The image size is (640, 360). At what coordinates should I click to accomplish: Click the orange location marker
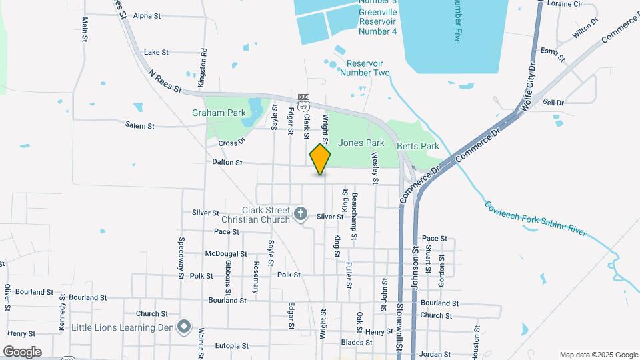[321, 159]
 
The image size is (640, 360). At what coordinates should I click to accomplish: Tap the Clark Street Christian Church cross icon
[301, 215]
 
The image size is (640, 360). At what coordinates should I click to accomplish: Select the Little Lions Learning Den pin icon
[184, 327]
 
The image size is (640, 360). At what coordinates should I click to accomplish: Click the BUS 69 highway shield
[304, 102]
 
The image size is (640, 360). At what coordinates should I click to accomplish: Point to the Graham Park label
[219, 113]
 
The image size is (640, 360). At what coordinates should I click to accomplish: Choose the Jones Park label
[361, 143]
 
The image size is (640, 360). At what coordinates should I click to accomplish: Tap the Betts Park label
[418, 146]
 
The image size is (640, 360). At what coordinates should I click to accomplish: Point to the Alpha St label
[147, 15]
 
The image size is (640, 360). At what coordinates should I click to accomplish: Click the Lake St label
[156, 52]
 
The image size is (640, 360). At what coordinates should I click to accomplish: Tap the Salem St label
[140, 125]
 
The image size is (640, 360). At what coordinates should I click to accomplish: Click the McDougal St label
[226, 254]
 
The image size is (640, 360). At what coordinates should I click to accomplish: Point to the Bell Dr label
[553, 103]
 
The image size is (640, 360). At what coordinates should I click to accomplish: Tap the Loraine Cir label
[564, 3]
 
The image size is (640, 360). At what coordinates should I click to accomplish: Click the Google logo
[22, 351]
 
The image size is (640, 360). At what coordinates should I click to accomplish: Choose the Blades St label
[356, 343]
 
